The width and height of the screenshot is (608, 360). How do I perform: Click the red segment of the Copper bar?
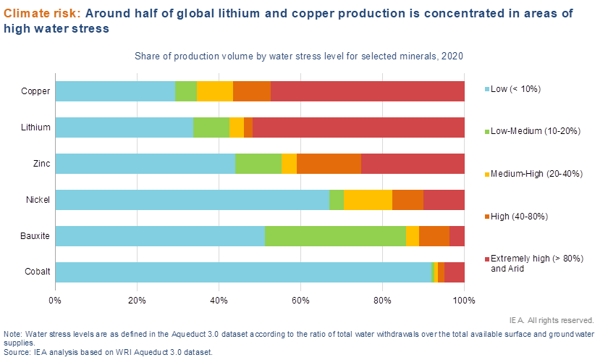[368, 91]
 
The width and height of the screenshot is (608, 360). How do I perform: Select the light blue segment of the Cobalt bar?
[242, 272]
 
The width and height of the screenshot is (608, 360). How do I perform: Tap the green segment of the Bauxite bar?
[335, 236]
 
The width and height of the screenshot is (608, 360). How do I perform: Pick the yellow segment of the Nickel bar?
[368, 200]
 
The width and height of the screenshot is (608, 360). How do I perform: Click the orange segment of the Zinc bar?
[329, 164]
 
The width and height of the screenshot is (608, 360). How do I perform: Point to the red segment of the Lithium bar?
[358, 127]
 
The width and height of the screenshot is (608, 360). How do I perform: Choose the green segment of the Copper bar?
[186, 91]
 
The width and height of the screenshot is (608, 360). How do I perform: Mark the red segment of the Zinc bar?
[413, 164]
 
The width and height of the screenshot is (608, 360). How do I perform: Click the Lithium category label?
[36, 127]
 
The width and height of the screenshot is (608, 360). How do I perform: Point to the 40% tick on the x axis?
[219, 299]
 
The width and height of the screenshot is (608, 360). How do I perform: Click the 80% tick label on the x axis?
[383, 299]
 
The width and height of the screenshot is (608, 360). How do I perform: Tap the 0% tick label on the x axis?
[55, 299]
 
